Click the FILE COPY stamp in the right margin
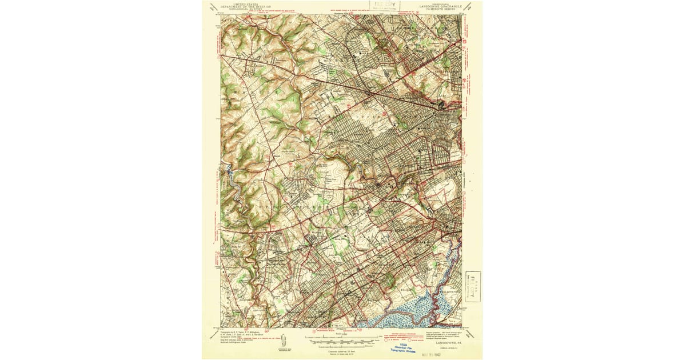[x=472, y=285]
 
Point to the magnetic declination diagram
[x=284, y=342]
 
